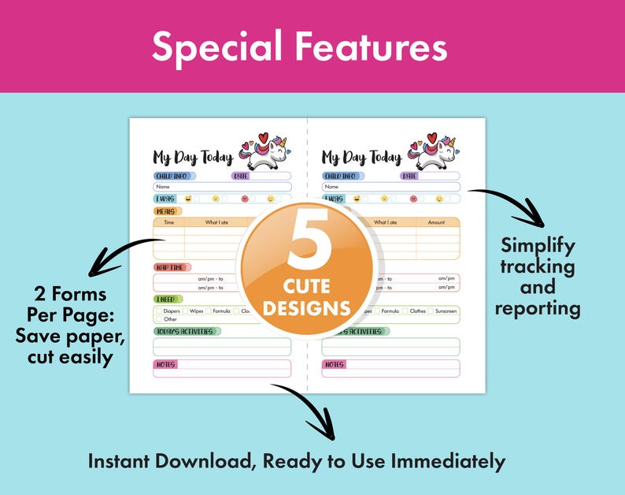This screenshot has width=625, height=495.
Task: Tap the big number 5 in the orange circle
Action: click(307, 240)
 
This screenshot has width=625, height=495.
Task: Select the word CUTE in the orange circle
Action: click(306, 283)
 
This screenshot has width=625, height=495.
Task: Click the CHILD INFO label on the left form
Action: click(172, 176)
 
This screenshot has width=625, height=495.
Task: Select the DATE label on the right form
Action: click(409, 176)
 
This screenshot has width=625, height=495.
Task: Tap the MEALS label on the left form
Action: click(165, 211)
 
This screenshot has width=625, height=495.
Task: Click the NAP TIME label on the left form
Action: click(172, 267)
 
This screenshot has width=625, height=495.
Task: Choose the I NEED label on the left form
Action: click(166, 300)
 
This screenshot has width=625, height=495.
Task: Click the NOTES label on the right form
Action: click(334, 364)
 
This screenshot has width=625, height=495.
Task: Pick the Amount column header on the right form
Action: click(436, 222)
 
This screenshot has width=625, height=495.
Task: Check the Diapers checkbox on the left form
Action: click(158, 311)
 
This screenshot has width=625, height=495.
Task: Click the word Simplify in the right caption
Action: click(538, 245)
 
